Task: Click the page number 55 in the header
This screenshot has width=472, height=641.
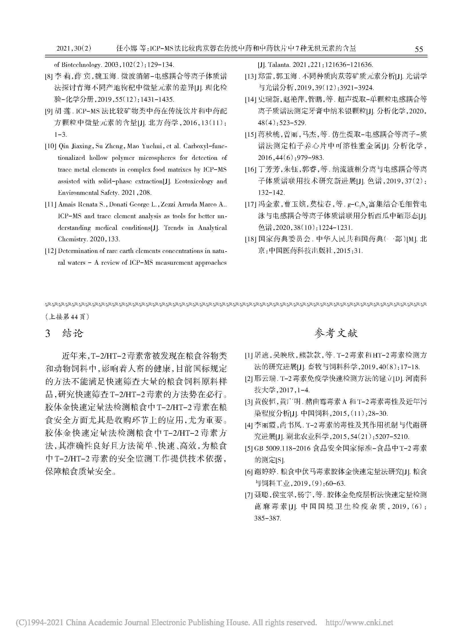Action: click(418, 49)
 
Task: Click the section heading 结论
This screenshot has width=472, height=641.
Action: click(72, 333)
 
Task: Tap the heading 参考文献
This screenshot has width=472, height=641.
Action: click(336, 333)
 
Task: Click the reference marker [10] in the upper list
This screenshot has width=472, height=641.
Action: click(50, 147)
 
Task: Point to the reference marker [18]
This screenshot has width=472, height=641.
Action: click(250, 239)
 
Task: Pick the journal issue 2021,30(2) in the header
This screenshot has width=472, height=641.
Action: click(74, 49)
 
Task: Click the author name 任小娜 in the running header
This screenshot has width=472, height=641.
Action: click(125, 49)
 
